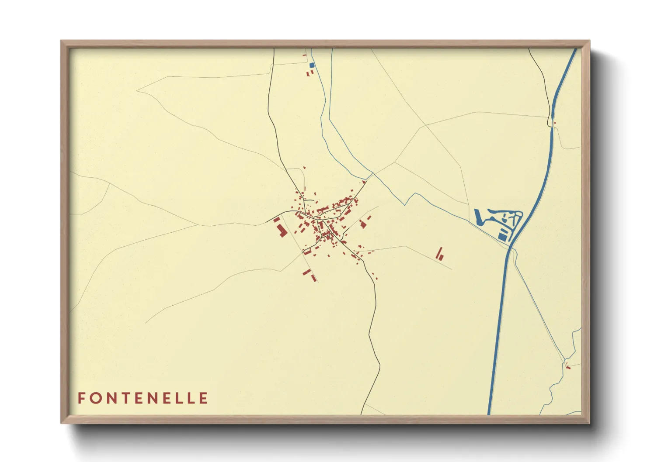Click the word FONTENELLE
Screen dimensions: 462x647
[x=143, y=398]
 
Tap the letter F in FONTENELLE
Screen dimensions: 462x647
[x=81, y=398]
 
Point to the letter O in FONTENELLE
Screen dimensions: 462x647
[x=95, y=398]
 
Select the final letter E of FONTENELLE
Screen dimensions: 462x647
[x=203, y=398]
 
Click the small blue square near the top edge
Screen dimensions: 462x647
[x=312, y=65]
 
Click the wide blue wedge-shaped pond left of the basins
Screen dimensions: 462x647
[x=479, y=217]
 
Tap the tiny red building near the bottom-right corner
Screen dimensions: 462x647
[x=568, y=367]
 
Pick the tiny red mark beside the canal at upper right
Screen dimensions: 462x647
[x=554, y=123]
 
